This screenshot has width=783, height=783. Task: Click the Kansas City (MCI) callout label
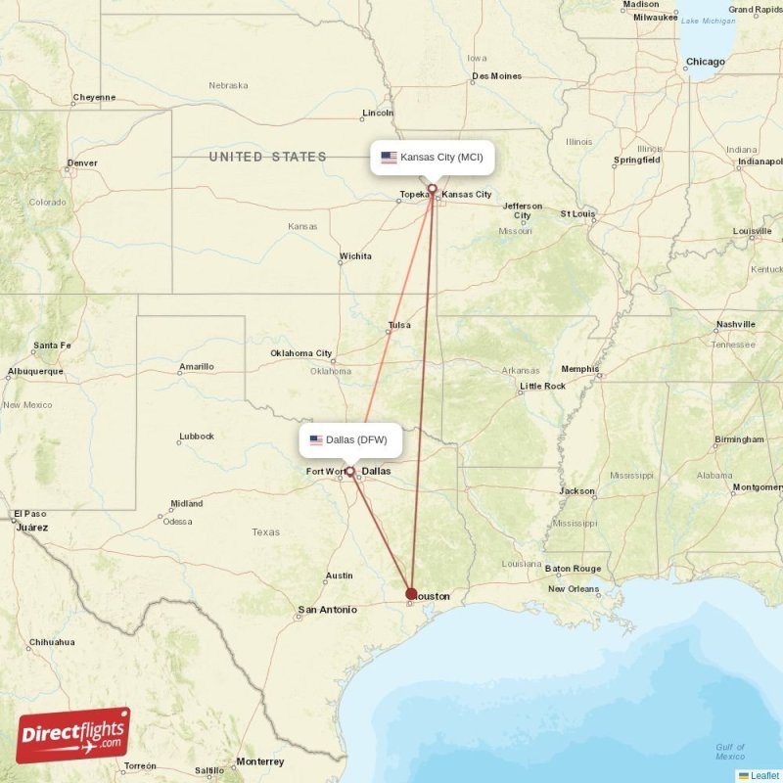pos(432,158)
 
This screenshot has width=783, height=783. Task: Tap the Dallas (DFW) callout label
pos(349,440)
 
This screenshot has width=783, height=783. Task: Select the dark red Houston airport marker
pos(411,593)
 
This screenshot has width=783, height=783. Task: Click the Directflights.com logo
pos(72,735)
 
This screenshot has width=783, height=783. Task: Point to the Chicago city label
pos(705,62)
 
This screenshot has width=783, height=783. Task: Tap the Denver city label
pos(82,163)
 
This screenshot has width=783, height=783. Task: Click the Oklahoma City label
pos(301,353)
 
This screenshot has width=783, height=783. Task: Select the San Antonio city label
pos(327,610)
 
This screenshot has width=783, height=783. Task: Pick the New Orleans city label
pos(574,588)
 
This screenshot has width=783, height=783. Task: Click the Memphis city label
pos(580,369)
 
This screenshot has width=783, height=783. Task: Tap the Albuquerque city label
pos(34,371)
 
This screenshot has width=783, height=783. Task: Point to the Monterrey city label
pos(259,761)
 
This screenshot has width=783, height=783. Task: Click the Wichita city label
pos(355,256)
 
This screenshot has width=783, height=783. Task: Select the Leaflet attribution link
pos(764,775)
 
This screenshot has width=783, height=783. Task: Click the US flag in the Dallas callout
pos(316,440)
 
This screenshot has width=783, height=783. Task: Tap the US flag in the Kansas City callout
pos(389,158)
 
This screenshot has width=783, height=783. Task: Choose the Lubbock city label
pos(196,436)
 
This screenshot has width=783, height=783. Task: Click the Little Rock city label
pos(542,386)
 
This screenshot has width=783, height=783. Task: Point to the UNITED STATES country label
pos(267,157)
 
